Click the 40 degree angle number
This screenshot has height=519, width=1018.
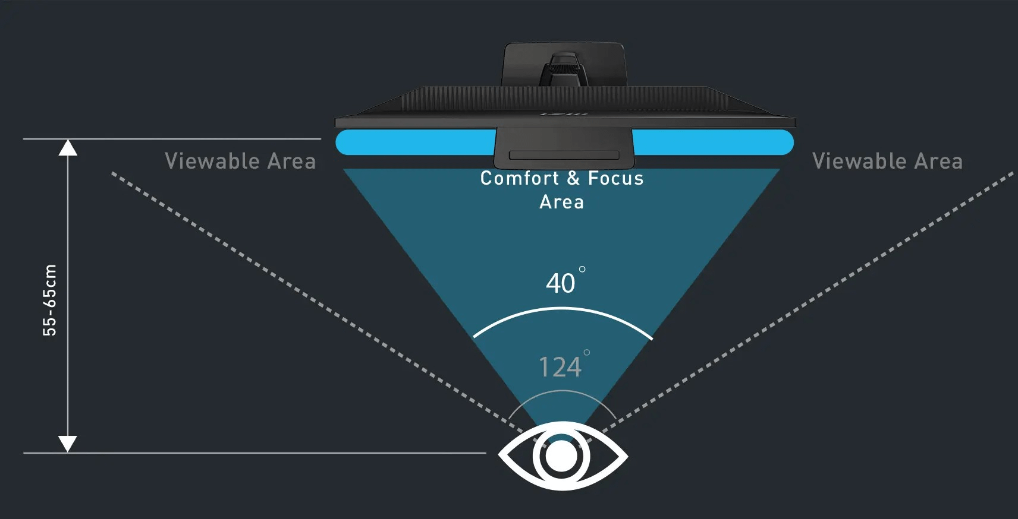[x=561, y=283]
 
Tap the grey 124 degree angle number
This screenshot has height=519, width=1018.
[x=560, y=367]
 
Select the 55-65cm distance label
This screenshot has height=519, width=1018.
[x=50, y=300]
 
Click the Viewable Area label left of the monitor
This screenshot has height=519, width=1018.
[x=240, y=162]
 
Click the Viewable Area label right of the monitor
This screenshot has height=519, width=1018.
[x=887, y=162]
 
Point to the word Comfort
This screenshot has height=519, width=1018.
[x=520, y=178]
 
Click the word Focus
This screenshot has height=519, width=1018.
[x=615, y=178]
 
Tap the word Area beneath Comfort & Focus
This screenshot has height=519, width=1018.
[x=561, y=202]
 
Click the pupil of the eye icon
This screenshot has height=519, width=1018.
[x=561, y=457]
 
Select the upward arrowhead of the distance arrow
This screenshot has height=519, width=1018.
[x=68, y=147]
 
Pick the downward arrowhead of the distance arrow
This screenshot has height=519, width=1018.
[x=68, y=443]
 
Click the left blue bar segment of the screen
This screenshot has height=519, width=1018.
[x=415, y=143]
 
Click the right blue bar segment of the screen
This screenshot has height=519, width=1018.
[x=712, y=143]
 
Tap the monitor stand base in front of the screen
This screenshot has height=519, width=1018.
[x=564, y=148]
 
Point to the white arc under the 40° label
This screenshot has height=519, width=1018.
[x=562, y=309]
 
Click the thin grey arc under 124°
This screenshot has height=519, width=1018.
[x=562, y=391]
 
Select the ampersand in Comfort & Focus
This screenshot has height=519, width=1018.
[x=573, y=178]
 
